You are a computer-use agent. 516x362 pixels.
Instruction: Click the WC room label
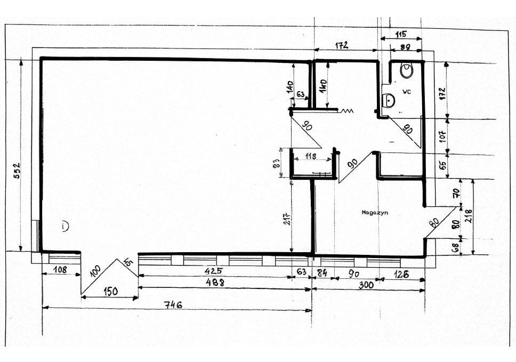click(406, 92)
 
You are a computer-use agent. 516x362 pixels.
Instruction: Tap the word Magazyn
click(374, 212)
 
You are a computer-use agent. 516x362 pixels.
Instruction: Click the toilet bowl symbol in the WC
click(408, 70)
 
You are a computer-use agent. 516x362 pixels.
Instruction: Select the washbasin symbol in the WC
click(389, 100)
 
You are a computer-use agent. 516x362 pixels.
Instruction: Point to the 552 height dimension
click(16, 171)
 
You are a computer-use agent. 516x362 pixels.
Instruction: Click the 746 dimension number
click(174, 305)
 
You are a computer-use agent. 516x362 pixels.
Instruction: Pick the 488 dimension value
click(214, 283)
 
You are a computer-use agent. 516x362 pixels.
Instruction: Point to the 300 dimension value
click(366, 285)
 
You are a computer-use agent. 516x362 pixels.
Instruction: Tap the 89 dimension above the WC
click(406, 48)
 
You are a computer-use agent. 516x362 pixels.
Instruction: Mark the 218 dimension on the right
click(469, 215)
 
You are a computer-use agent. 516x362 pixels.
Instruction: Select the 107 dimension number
click(441, 136)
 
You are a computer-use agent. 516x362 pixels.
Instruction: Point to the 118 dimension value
click(311, 157)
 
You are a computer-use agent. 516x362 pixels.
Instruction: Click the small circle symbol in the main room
click(64, 226)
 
